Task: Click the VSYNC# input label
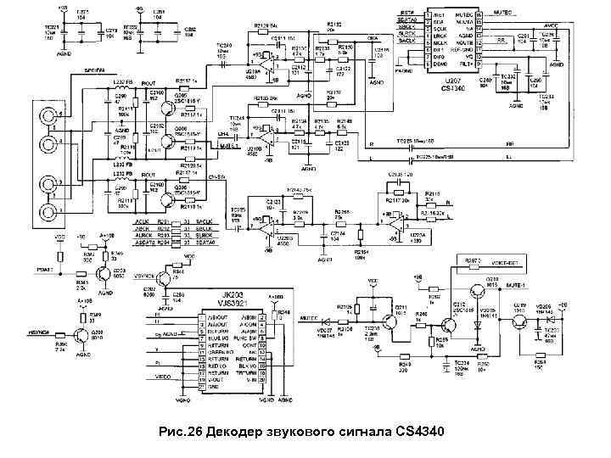coord(145,275)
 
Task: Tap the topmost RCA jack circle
coord(53,115)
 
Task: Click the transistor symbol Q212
coord(450,322)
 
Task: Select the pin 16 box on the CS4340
coord(479,14)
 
